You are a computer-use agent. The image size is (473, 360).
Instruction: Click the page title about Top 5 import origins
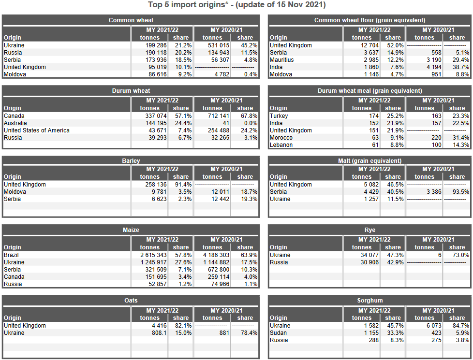[236, 5]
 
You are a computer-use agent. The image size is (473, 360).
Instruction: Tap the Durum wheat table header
[131, 90]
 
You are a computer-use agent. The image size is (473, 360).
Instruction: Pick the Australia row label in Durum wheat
[16, 123]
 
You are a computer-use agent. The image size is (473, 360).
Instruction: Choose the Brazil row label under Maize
[12, 255]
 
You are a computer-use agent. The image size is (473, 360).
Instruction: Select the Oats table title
[131, 300]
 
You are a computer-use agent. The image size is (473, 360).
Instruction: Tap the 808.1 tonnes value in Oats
[158, 333]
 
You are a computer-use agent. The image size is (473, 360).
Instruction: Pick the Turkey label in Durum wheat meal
[279, 116]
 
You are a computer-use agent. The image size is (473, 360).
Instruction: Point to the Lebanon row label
[281, 145]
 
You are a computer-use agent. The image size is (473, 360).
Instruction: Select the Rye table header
[370, 230]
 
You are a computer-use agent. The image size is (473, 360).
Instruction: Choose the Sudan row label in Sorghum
[279, 333]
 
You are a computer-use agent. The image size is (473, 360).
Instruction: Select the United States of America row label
[37, 130]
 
